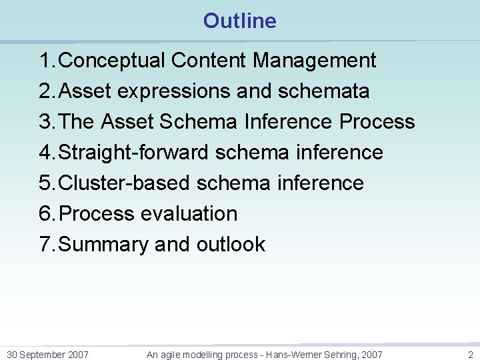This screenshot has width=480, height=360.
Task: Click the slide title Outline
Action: point(239,21)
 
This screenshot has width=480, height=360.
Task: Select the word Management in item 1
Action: point(314,61)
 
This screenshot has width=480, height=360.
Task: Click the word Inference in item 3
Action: point(289,122)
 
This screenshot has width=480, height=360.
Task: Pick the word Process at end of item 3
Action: point(377,122)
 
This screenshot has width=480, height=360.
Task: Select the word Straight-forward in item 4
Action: point(134,153)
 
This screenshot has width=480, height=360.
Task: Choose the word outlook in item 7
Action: point(231,245)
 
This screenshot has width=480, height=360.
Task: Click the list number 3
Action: point(45,122)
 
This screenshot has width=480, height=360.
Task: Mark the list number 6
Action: point(45,214)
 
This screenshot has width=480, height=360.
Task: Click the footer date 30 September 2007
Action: point(47,355)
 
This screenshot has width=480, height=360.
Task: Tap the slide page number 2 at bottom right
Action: point(470,355)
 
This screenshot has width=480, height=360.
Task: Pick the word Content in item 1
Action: point(209,61)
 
